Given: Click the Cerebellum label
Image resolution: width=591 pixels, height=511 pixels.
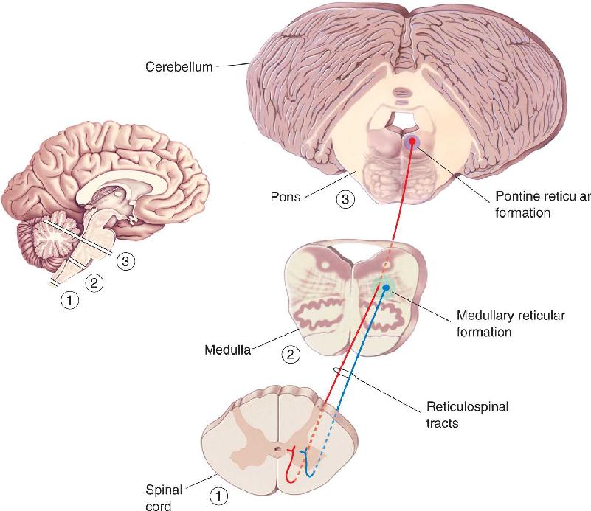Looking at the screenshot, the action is click(179, 66).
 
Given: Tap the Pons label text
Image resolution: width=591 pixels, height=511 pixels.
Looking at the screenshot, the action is click(286, 197).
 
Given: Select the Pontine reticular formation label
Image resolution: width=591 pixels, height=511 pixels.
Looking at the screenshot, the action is click(543, 204).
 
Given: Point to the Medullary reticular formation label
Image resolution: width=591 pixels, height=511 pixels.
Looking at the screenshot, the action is click(511, 324).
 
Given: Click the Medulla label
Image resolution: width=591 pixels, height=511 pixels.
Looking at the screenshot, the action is click(227, 350).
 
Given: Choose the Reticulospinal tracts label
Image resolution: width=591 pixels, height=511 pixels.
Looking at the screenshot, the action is click(467, 414).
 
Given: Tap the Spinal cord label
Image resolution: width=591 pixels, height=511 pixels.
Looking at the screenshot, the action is click(164, 498).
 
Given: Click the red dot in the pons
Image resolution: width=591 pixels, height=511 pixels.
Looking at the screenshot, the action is click(412, 142).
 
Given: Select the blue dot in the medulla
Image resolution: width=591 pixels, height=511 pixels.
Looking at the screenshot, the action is click(386, 288).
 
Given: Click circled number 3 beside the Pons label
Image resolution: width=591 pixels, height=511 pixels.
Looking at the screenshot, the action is click(345, 198).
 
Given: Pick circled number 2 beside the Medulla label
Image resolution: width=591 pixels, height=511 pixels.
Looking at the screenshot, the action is click(291, 355).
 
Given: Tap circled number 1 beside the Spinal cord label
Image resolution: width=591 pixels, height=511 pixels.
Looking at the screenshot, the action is click(218, 496).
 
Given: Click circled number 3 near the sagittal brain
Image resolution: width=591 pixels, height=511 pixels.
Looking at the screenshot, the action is click(125, 261).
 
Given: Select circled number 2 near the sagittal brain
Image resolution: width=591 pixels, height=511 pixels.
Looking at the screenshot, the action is click(94, 282).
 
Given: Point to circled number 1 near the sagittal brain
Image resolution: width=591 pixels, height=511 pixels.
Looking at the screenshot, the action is click(70, 300).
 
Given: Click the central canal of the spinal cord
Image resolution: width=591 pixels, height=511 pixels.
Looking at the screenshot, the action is click(277, 449).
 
